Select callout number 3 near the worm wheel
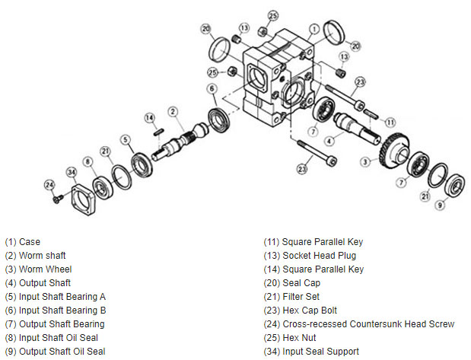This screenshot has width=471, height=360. [x=365, y=161]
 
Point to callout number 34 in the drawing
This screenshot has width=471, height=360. [x=72, y=172]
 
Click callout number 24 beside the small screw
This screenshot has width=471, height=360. [x=49, y=184]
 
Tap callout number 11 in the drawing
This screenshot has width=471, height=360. [x=390, y=122]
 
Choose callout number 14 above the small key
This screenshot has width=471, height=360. [x=150, y=117]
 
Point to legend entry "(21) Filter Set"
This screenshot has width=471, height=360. [x=291, y=297]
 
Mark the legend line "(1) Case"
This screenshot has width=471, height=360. [x=23, y=242]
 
